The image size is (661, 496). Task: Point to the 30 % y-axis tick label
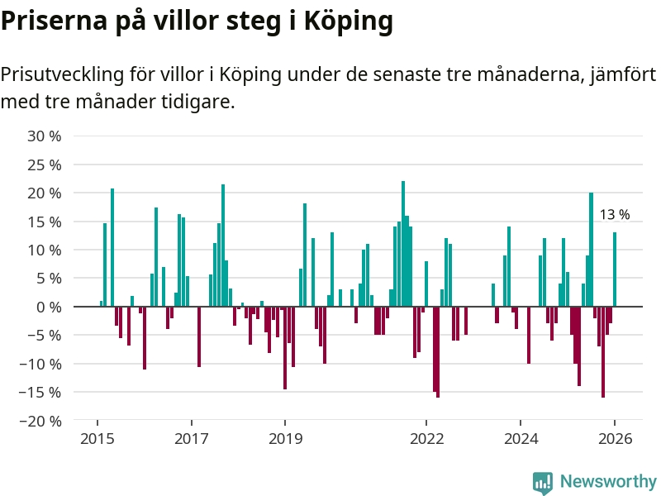44,136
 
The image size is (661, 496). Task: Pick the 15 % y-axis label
44,221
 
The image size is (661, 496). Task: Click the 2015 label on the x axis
97,439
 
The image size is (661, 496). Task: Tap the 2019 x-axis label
285,439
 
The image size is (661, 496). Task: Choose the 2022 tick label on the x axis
427,439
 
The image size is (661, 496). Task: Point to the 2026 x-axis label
615,439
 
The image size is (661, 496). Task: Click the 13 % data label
614,215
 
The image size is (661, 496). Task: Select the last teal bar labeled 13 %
615,269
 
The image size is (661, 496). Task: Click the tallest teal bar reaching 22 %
403,244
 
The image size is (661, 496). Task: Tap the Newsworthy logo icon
542,483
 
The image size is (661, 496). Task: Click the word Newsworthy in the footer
608,482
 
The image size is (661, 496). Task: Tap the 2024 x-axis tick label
521,439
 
